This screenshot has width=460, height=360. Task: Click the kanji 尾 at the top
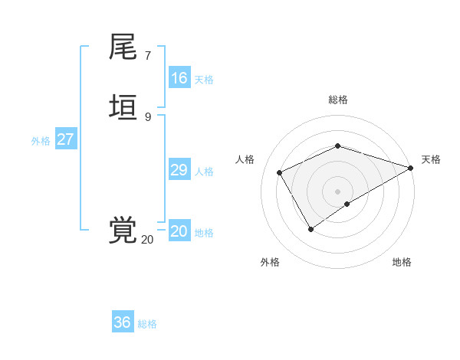click(123, 47)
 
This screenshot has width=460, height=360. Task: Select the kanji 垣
click(123, 108)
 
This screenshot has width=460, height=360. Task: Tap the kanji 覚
click(123, 231)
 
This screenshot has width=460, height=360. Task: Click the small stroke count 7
click(148, 55)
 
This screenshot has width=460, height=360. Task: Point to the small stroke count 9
click(148, 116)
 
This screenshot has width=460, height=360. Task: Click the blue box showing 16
click(179, 78)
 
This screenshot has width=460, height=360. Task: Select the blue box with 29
click(179, 170)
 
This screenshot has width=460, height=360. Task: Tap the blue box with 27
click(65, 139)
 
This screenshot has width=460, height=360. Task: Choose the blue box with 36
click(123, 322)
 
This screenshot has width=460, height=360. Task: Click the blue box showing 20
click(179, 231)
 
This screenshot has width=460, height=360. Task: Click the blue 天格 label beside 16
click(204, 80)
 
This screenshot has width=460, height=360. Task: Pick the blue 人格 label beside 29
click(204, 172)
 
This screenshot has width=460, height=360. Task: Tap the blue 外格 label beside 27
click(41, 141)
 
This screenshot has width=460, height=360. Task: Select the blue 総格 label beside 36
click(147, 324)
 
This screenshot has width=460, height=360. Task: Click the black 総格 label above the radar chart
click(338, 100)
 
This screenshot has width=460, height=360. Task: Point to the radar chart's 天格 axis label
click(431, 159)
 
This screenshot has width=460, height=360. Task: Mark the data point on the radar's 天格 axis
click(411, 168)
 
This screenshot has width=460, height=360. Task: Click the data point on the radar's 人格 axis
click(280, 172)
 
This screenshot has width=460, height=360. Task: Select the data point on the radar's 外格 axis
click(310, 229)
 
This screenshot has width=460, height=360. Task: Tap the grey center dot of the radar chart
click(338, 191)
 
